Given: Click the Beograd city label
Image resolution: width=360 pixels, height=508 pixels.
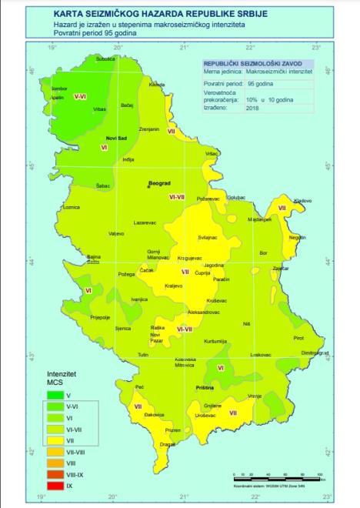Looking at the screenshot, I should coord(158,184).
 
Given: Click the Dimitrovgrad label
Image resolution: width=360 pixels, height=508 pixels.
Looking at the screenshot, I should coord(315,353).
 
